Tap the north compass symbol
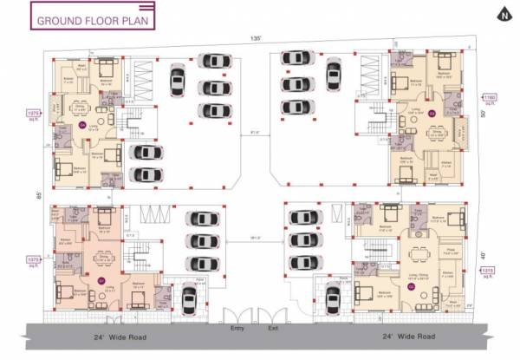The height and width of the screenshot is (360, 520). [x=499, y=13]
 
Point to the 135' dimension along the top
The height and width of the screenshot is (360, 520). [x=257, y=39]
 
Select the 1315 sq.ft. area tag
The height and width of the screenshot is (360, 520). [x=489, y=272]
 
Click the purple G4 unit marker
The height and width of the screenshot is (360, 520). [x=83, y=125]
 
